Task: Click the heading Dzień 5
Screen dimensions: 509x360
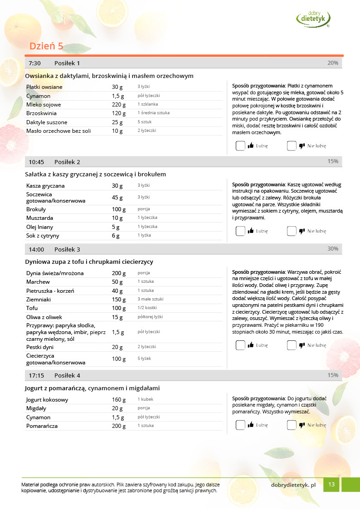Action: click(x=46, y=46)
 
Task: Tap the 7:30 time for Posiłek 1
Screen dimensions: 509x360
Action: click(x=34, y=63)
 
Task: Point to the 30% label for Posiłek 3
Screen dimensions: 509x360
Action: click(x=333, y=249)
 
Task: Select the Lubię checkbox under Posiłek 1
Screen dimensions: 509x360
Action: click(x=241, y=146)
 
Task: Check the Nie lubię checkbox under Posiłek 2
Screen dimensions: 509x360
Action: click(x=292, y=231)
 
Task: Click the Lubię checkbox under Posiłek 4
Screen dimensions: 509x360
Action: click(x=241, y=425)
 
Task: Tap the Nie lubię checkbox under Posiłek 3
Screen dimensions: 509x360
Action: click(x=292, y=345)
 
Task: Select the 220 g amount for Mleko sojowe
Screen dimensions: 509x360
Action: click(x=118, y=105)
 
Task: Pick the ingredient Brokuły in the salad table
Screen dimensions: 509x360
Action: click(x=36, y=209)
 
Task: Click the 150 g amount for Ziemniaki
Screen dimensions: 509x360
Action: click(x=119, y=300)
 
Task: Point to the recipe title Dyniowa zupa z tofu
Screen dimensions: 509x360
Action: click(x=89, y=262)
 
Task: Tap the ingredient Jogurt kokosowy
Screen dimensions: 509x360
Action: click(x=47, y=400)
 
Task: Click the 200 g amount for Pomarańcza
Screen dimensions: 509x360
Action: click(x=119, y=426)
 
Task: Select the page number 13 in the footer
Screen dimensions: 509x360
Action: click(x=331, y=485)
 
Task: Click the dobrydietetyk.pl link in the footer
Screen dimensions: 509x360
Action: click(x=293, y=485)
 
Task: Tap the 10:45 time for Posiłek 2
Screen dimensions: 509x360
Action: click(x=36, y=162)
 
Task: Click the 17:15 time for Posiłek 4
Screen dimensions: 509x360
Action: click(x=36, y=375)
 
